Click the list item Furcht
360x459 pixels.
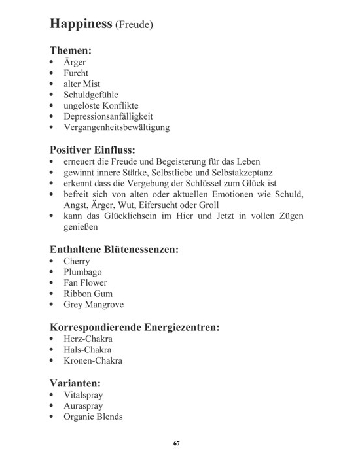coord(77,73)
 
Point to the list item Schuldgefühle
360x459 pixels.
coord(91,94)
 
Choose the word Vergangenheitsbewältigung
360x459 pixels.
coord(117,127)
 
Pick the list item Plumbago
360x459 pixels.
coord(83,272)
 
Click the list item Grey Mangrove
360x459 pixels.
coord(94,305)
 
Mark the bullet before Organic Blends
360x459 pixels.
coord(52,417)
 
